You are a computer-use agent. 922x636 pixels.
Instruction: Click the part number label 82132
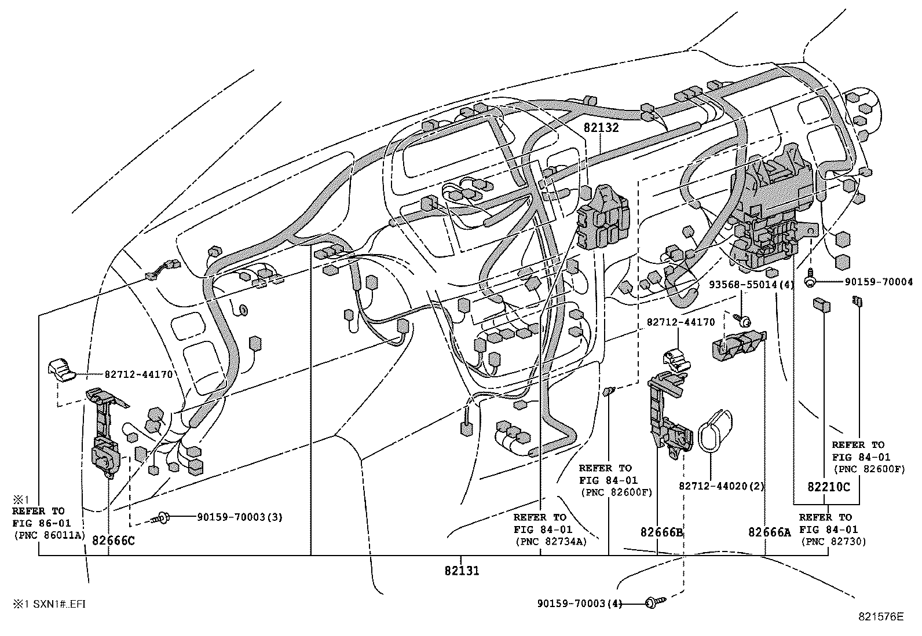coord(601,128)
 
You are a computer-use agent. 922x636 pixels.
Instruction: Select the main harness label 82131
coord(462,571)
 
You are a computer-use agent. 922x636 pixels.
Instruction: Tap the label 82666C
coord(114,541)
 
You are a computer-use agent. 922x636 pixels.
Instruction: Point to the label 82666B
coord(663,532)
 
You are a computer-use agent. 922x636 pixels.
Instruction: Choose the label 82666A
coord(769,532)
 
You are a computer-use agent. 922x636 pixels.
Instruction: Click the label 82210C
coord(829,487)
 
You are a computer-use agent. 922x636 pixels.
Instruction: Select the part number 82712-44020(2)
coord(722,487)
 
